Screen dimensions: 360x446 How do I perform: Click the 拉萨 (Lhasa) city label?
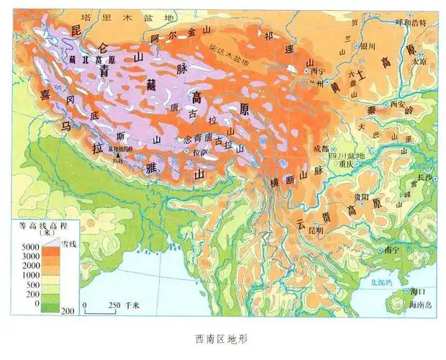coord(201,153)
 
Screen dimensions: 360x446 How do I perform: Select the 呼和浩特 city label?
coord(412,22)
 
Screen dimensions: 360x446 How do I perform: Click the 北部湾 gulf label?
coord(381,283)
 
